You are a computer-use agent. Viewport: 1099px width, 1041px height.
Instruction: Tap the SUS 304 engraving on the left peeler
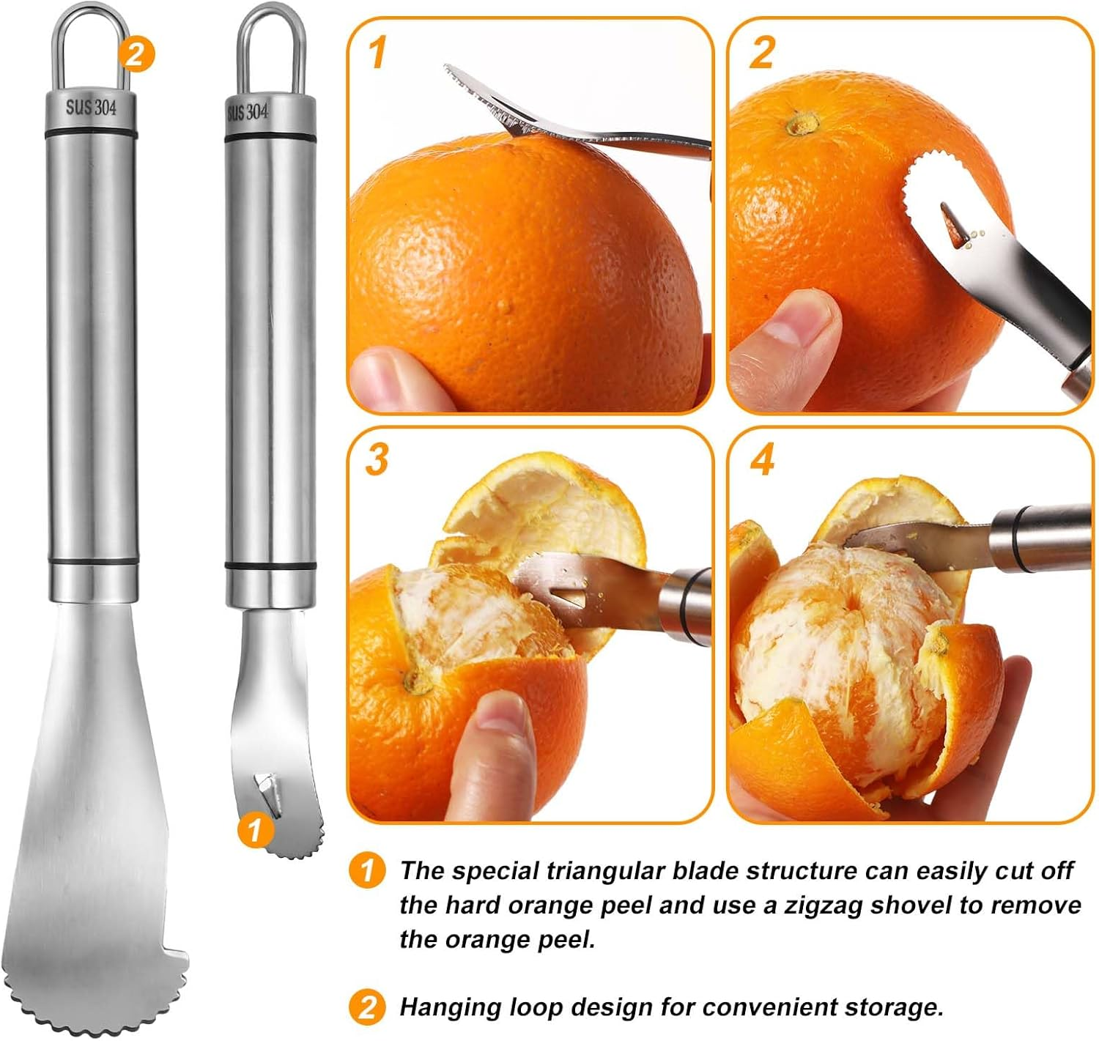click(x=91, y=107)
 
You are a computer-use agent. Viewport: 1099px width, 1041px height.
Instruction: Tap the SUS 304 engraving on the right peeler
click(x=248, y=112)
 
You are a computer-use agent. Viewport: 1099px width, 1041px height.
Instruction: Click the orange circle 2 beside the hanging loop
click(x=136, y=53)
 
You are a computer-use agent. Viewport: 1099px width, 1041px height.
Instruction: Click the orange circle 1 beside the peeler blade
click(x=254, y=830)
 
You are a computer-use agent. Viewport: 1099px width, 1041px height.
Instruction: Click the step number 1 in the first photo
click(x=377, y=53)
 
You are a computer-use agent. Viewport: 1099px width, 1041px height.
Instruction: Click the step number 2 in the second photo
click(x=761, y=53)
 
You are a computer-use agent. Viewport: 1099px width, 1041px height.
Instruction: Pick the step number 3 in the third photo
click(x=377, y=459)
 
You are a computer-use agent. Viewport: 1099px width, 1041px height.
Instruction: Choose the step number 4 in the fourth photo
click(x=762, y=460)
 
